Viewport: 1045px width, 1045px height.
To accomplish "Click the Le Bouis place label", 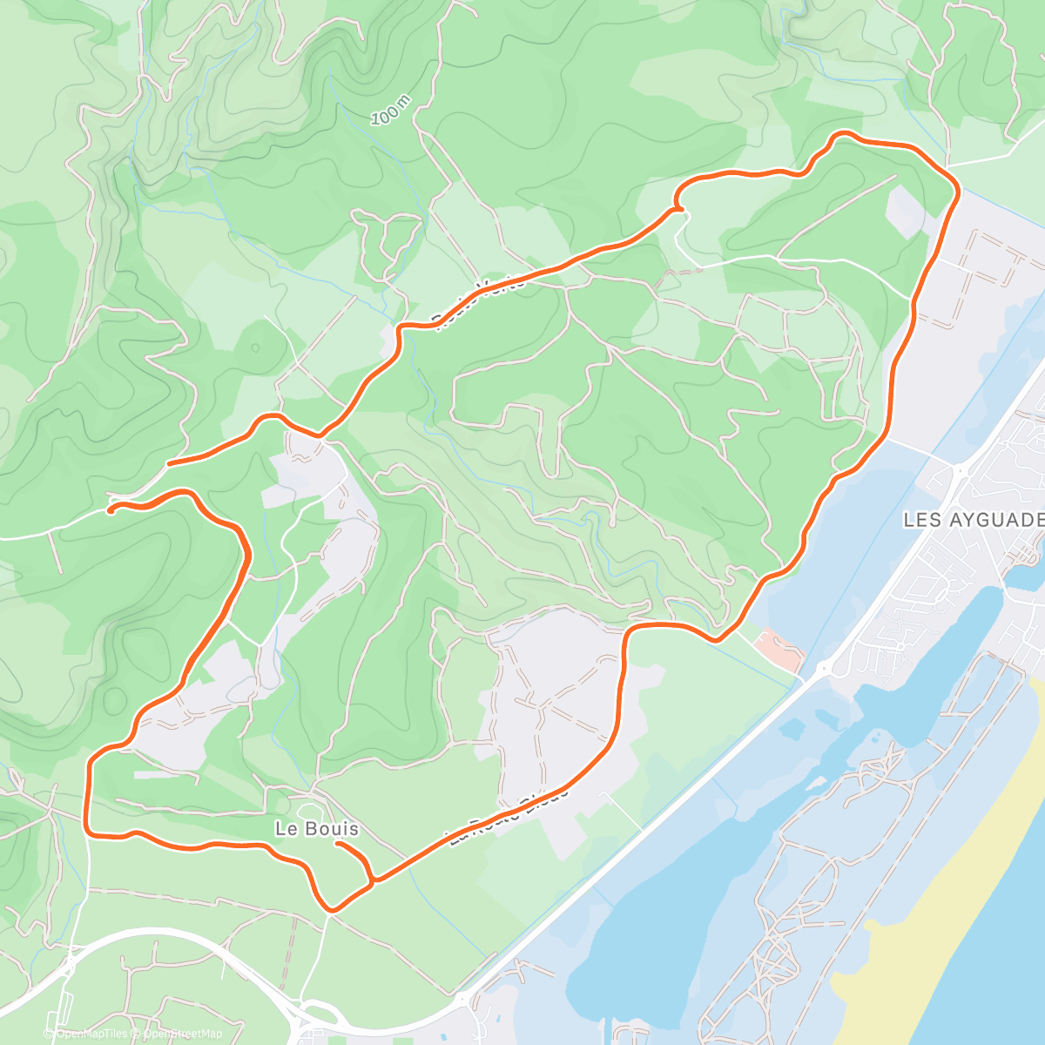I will pos(316,829).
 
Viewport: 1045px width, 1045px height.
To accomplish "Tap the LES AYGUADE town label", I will pos(973,520).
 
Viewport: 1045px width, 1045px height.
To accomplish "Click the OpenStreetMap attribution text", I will pos(182,1034).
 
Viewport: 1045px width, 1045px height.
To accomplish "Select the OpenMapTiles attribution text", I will pos(91,1034).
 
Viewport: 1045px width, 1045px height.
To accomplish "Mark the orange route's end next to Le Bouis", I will pos(338,844).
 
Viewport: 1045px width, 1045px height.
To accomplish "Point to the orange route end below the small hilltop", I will pos(169,463).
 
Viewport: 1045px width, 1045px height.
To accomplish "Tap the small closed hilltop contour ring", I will pos(255,347).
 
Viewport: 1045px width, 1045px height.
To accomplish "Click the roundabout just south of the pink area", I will pos(822,670).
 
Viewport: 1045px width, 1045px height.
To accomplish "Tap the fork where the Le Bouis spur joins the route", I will pos(374,881).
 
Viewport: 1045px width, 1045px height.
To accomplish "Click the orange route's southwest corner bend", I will pos(89,832).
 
